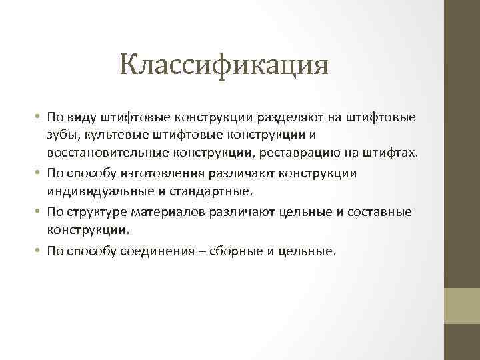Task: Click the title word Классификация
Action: tap(225, 65)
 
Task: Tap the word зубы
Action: tap(61, 135)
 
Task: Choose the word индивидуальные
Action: tap(94, 192)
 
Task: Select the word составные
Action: tap(381, 212)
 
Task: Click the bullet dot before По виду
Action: tap(38, 117)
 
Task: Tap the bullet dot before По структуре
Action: tap(38, 212)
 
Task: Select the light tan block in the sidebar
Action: tap(462, 306)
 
